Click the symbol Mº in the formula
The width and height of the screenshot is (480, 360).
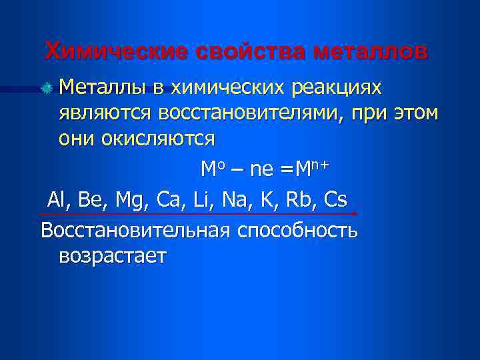tap(211, 169)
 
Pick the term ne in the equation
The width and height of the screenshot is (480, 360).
tap(262, 171)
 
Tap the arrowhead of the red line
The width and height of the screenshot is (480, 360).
tap(355, 214)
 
